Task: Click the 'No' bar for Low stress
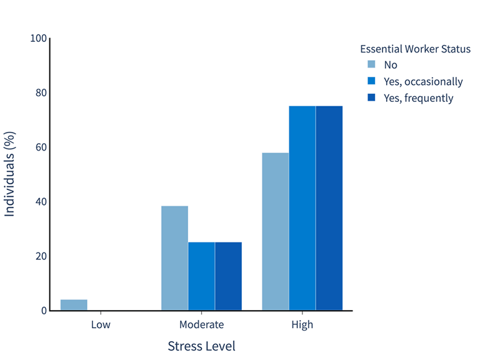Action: (74, 305)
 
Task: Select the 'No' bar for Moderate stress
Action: (174, 258)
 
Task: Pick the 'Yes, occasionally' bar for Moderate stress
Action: (201, 276)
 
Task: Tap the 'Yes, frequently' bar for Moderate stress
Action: (228, 276)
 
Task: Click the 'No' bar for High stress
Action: (275, 231)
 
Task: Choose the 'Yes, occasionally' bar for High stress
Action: (302, 208)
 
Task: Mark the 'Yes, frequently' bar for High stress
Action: (329, 208)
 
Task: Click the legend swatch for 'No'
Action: (371, 64)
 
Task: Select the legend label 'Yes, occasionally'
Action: (423, 81)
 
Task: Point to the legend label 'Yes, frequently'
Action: (418, 98)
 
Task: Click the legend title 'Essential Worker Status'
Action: (415, 49)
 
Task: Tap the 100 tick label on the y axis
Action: (39, 39)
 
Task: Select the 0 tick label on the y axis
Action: (44, 311)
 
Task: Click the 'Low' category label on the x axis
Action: (101, 325)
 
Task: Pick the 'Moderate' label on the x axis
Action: (201, 325)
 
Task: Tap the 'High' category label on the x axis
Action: (302, 325)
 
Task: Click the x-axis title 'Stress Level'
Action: (201, 346)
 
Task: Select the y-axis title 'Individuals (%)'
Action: (10, 174)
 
